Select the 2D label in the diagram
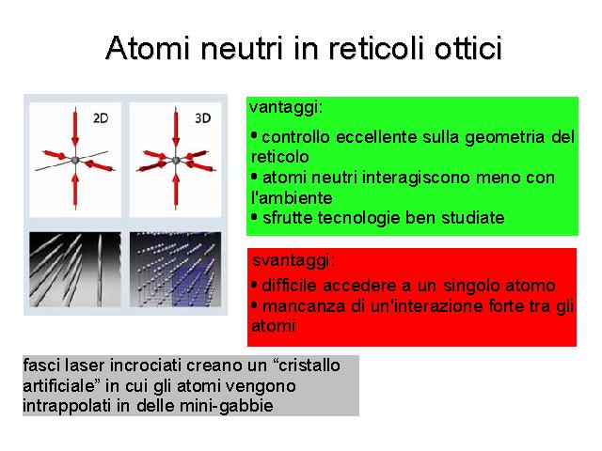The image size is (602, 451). (101, 118)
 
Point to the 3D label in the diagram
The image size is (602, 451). (203, 118)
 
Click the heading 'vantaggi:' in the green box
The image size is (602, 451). (286, 108)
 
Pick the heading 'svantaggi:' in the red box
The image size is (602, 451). (293, 261)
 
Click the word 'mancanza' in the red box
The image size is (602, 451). (303, 307)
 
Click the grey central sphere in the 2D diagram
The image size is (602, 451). (75, 160)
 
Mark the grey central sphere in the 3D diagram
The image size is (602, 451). (176, 161)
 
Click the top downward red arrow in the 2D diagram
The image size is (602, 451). (75, 127)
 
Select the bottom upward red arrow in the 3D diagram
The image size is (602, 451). (176, 191)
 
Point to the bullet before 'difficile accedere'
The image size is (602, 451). (254, 286)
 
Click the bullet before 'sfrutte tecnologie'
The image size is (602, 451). (254, 217)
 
